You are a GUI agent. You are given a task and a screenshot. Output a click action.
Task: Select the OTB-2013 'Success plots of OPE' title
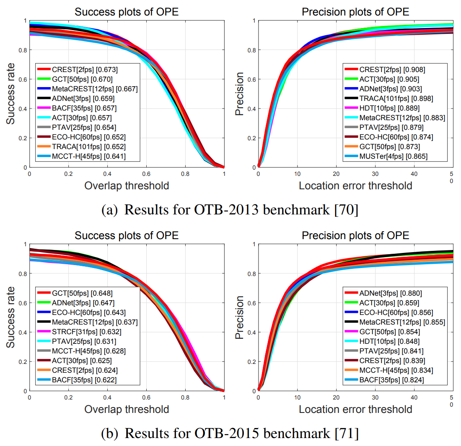(x=127, y=12)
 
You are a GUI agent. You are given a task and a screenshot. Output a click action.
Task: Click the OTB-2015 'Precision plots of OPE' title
(x=355, y=235)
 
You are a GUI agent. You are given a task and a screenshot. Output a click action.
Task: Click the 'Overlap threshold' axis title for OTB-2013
(x=127, y=186)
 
